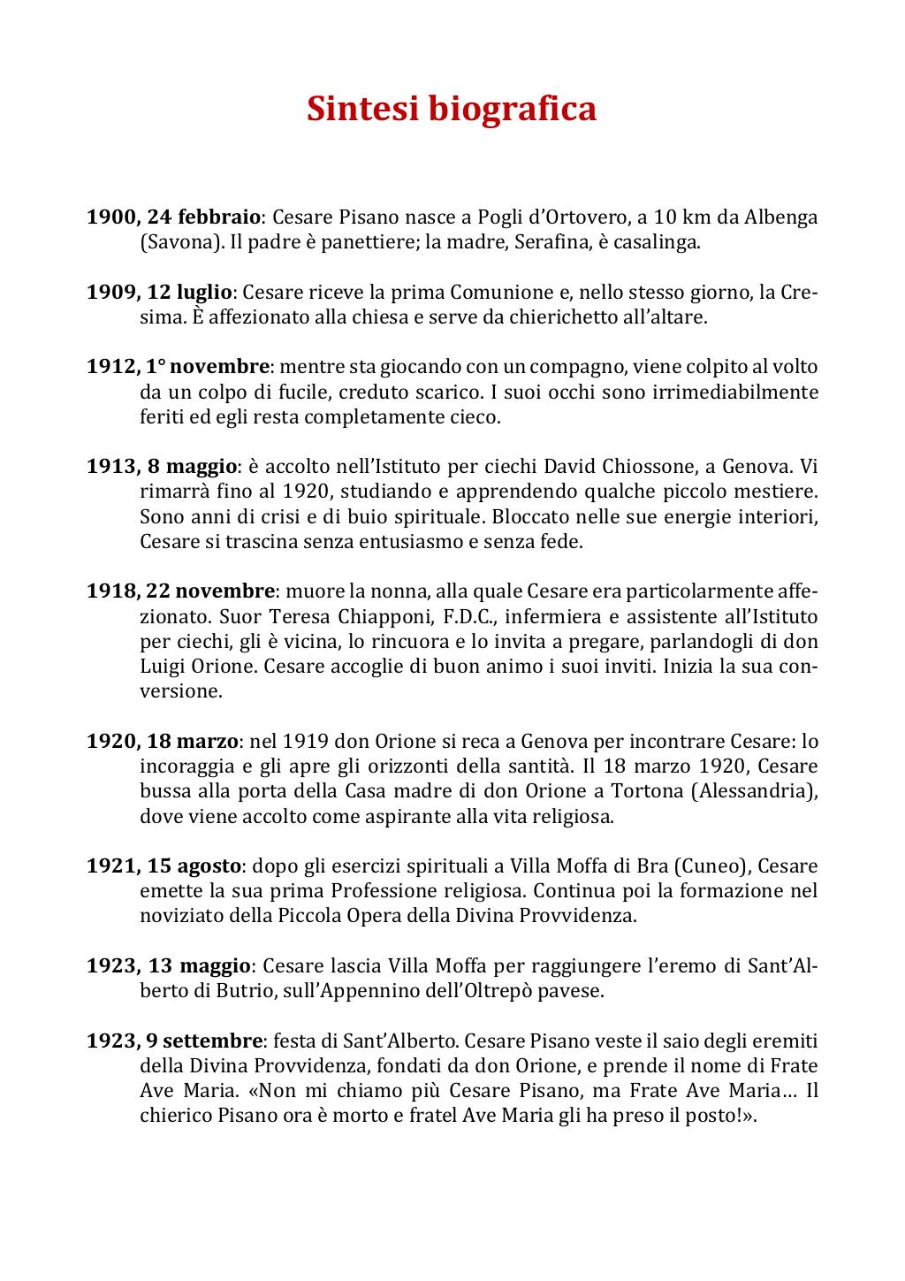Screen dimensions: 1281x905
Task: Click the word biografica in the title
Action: point(513,109)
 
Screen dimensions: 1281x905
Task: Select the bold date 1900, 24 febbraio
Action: point(173,217)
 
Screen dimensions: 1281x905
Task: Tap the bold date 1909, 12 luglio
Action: point(159,292)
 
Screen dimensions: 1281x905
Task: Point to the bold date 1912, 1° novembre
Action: point(178,366)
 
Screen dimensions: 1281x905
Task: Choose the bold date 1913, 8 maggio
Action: point(162,466)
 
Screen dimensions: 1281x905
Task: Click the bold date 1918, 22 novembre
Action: point(180,591)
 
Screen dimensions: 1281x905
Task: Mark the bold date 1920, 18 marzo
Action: point(163,741)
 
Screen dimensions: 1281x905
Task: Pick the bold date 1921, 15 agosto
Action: point(164,865)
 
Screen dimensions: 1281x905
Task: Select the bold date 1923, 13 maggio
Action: point(169,965)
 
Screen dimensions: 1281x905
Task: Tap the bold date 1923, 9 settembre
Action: point(175,1041)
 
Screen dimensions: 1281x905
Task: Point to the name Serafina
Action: point(551,242)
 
